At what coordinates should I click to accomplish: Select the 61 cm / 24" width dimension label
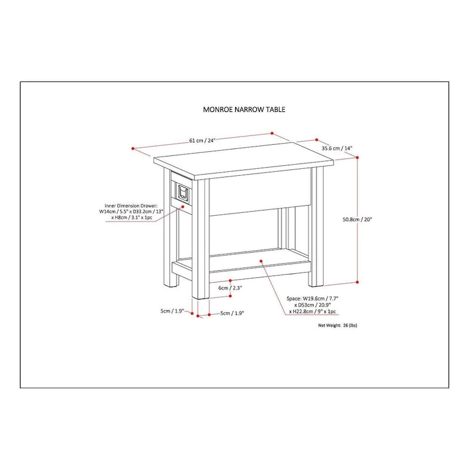click(x=203, y=140)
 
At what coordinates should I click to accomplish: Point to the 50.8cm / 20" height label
click(x=358, y=219)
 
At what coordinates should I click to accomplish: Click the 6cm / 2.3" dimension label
click(x=230, y=288)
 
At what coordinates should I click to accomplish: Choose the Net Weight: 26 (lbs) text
click(x=337, y=325)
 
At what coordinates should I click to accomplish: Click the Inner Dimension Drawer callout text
click(x=131, y=212)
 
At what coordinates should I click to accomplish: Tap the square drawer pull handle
click(x=182, y=192)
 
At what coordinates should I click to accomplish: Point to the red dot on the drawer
click(x=183, y=205)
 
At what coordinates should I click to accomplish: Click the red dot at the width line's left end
click(x=134, y=148)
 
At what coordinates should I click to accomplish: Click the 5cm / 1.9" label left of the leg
click(x=172, y=311)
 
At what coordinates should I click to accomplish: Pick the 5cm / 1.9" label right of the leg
click(x=232, y=314)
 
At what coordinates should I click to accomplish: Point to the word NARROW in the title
click(x=243, y=109)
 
